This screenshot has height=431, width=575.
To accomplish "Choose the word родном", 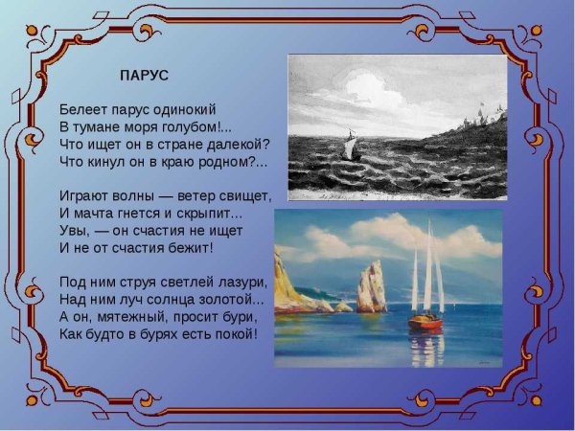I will [x=226, y=161].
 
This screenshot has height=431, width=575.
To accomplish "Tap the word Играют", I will [x=84, y=195].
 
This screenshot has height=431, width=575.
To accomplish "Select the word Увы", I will [x=73, y=230].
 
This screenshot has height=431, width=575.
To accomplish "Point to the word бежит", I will [x=189, y=247].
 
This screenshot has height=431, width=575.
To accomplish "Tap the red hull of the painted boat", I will [x=425, y=323].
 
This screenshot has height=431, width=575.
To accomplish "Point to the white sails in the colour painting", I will [x=427, y=273].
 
